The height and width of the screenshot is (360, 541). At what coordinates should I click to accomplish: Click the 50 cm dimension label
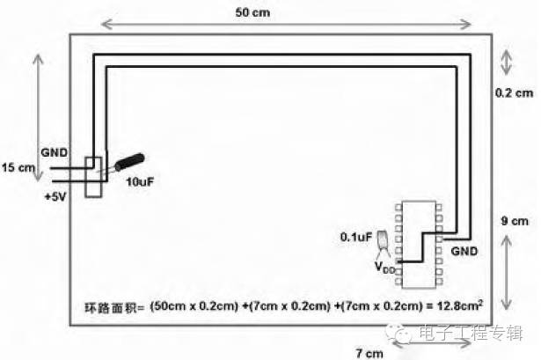[252, 12]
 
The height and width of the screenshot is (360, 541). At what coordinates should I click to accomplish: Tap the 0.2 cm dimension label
[514, 92]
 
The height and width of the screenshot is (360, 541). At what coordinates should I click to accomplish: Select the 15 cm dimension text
[18, 168]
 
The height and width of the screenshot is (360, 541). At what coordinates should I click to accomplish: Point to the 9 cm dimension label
[515, 221]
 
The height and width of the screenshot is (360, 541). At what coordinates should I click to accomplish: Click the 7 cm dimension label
[369, 354]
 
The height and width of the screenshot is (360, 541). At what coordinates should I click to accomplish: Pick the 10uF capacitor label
[139, 181]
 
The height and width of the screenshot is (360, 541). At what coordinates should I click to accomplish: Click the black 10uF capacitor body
[129, 162]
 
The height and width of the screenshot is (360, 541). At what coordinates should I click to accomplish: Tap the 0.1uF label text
[356, 237]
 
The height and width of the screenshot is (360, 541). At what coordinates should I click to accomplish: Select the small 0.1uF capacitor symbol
[383, 239]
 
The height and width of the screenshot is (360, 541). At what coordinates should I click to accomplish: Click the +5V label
[55, 197]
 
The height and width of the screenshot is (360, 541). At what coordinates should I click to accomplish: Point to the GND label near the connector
[55, 152]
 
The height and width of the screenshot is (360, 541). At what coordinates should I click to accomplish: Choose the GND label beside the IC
[464, 251]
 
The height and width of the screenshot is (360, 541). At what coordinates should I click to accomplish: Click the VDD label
[384, 268]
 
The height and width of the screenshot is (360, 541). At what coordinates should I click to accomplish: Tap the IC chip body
[419, 245]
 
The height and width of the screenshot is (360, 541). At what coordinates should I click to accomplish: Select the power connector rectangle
[93, 178]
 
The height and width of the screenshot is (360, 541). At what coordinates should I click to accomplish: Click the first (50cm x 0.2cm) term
[194, 306]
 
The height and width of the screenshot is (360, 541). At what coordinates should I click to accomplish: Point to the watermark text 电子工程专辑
[472, 333]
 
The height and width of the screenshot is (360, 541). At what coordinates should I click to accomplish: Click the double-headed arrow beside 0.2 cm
[506, 62]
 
